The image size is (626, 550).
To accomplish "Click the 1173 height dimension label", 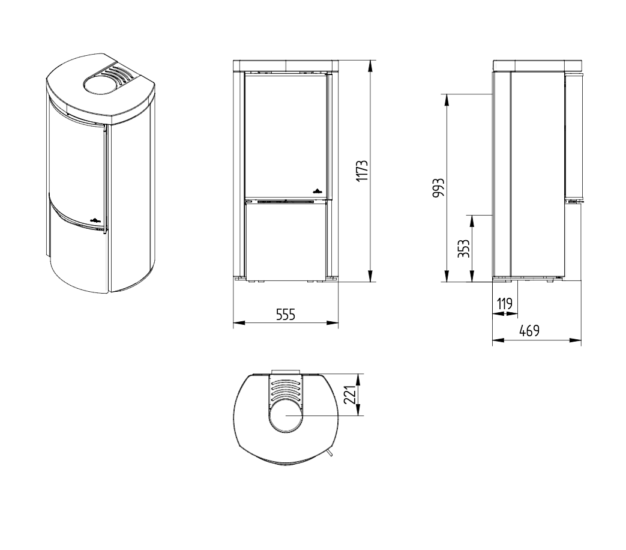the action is point(362,171).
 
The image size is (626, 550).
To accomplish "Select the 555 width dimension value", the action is point(286,315).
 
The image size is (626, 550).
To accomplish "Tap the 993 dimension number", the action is point(438,188).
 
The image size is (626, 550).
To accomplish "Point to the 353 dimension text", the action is point(463,249).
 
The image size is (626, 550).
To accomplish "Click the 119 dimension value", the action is point(505,304).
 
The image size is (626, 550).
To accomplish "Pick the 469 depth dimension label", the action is point(529,331).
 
